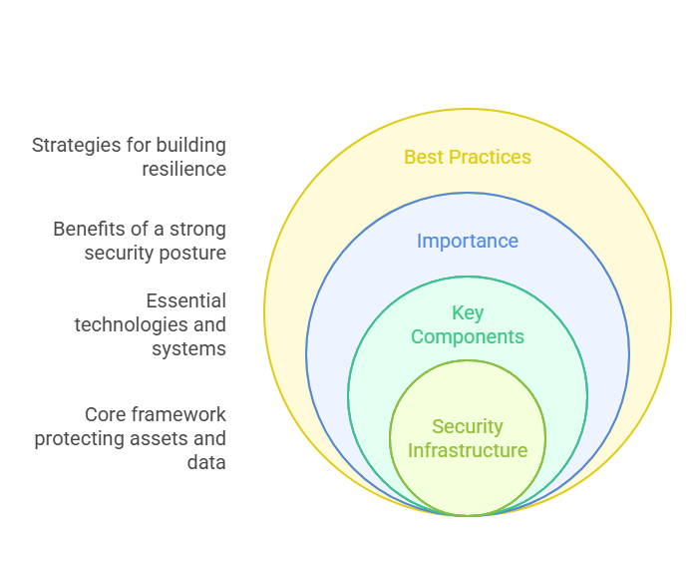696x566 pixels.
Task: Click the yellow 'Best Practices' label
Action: point(467,157)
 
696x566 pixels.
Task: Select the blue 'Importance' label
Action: point(467,241)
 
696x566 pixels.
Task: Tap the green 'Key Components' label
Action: point(467,324)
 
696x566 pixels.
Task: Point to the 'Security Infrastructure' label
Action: point(467,438)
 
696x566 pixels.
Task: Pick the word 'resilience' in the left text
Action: point(183,169)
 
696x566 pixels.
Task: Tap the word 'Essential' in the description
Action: point(185,300)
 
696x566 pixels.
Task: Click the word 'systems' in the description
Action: point(188,348)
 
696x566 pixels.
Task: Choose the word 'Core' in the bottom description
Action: point(105,414)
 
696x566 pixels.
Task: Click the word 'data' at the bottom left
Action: point(206,462)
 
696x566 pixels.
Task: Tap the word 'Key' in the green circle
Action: point(467,312)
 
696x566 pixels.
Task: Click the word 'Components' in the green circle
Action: point(467,336)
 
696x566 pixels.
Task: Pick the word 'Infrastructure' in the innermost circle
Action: point(467,450)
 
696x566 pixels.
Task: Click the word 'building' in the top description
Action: point(190,146)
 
